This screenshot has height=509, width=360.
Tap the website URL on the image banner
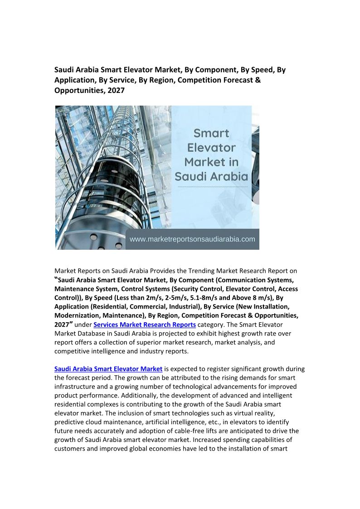(x=192, y=239)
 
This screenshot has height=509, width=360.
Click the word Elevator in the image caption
(x=212, y=147)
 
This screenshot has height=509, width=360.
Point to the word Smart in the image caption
(x=212, y=133)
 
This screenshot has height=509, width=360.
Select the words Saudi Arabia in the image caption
(x=212, y=176)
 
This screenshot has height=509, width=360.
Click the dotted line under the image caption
(x=212, y=186)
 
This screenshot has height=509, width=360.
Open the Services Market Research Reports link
(x=145, y=325)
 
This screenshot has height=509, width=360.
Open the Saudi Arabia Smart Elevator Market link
(x=108, y=369)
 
